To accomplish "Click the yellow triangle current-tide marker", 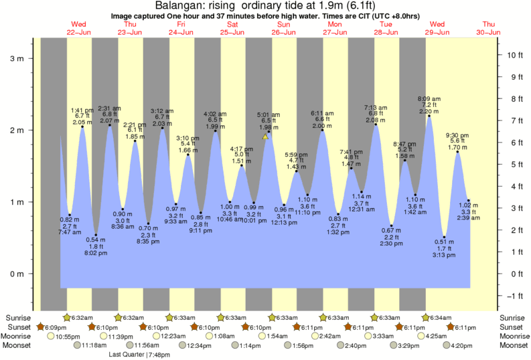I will [x=265, y=137].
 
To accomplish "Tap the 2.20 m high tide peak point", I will [x=429, y=116].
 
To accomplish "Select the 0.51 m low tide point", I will [x=444, y=237].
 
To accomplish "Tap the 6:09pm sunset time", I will [x=56, y=327].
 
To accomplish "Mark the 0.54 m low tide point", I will [x=96, y=235].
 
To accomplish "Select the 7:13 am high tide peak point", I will [x=376, y=124].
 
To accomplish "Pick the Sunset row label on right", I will [x=514, y=327].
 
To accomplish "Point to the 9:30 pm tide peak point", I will [x=458, y=152].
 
